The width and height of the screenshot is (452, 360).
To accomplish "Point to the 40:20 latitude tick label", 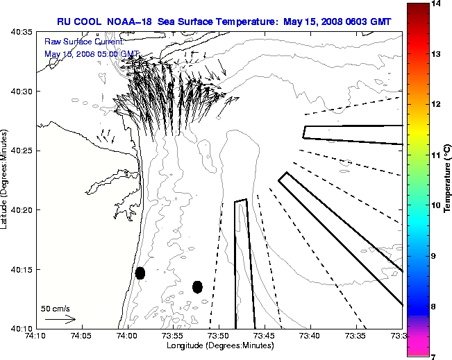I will pos(22,209).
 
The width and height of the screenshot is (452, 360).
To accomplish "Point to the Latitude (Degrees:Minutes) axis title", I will pos(6,180).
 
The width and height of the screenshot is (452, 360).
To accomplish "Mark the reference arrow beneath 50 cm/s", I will pos(60,320).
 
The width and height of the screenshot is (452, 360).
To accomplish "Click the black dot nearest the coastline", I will pos(140,273).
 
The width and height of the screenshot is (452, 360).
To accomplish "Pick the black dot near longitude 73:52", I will pos(197,286).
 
